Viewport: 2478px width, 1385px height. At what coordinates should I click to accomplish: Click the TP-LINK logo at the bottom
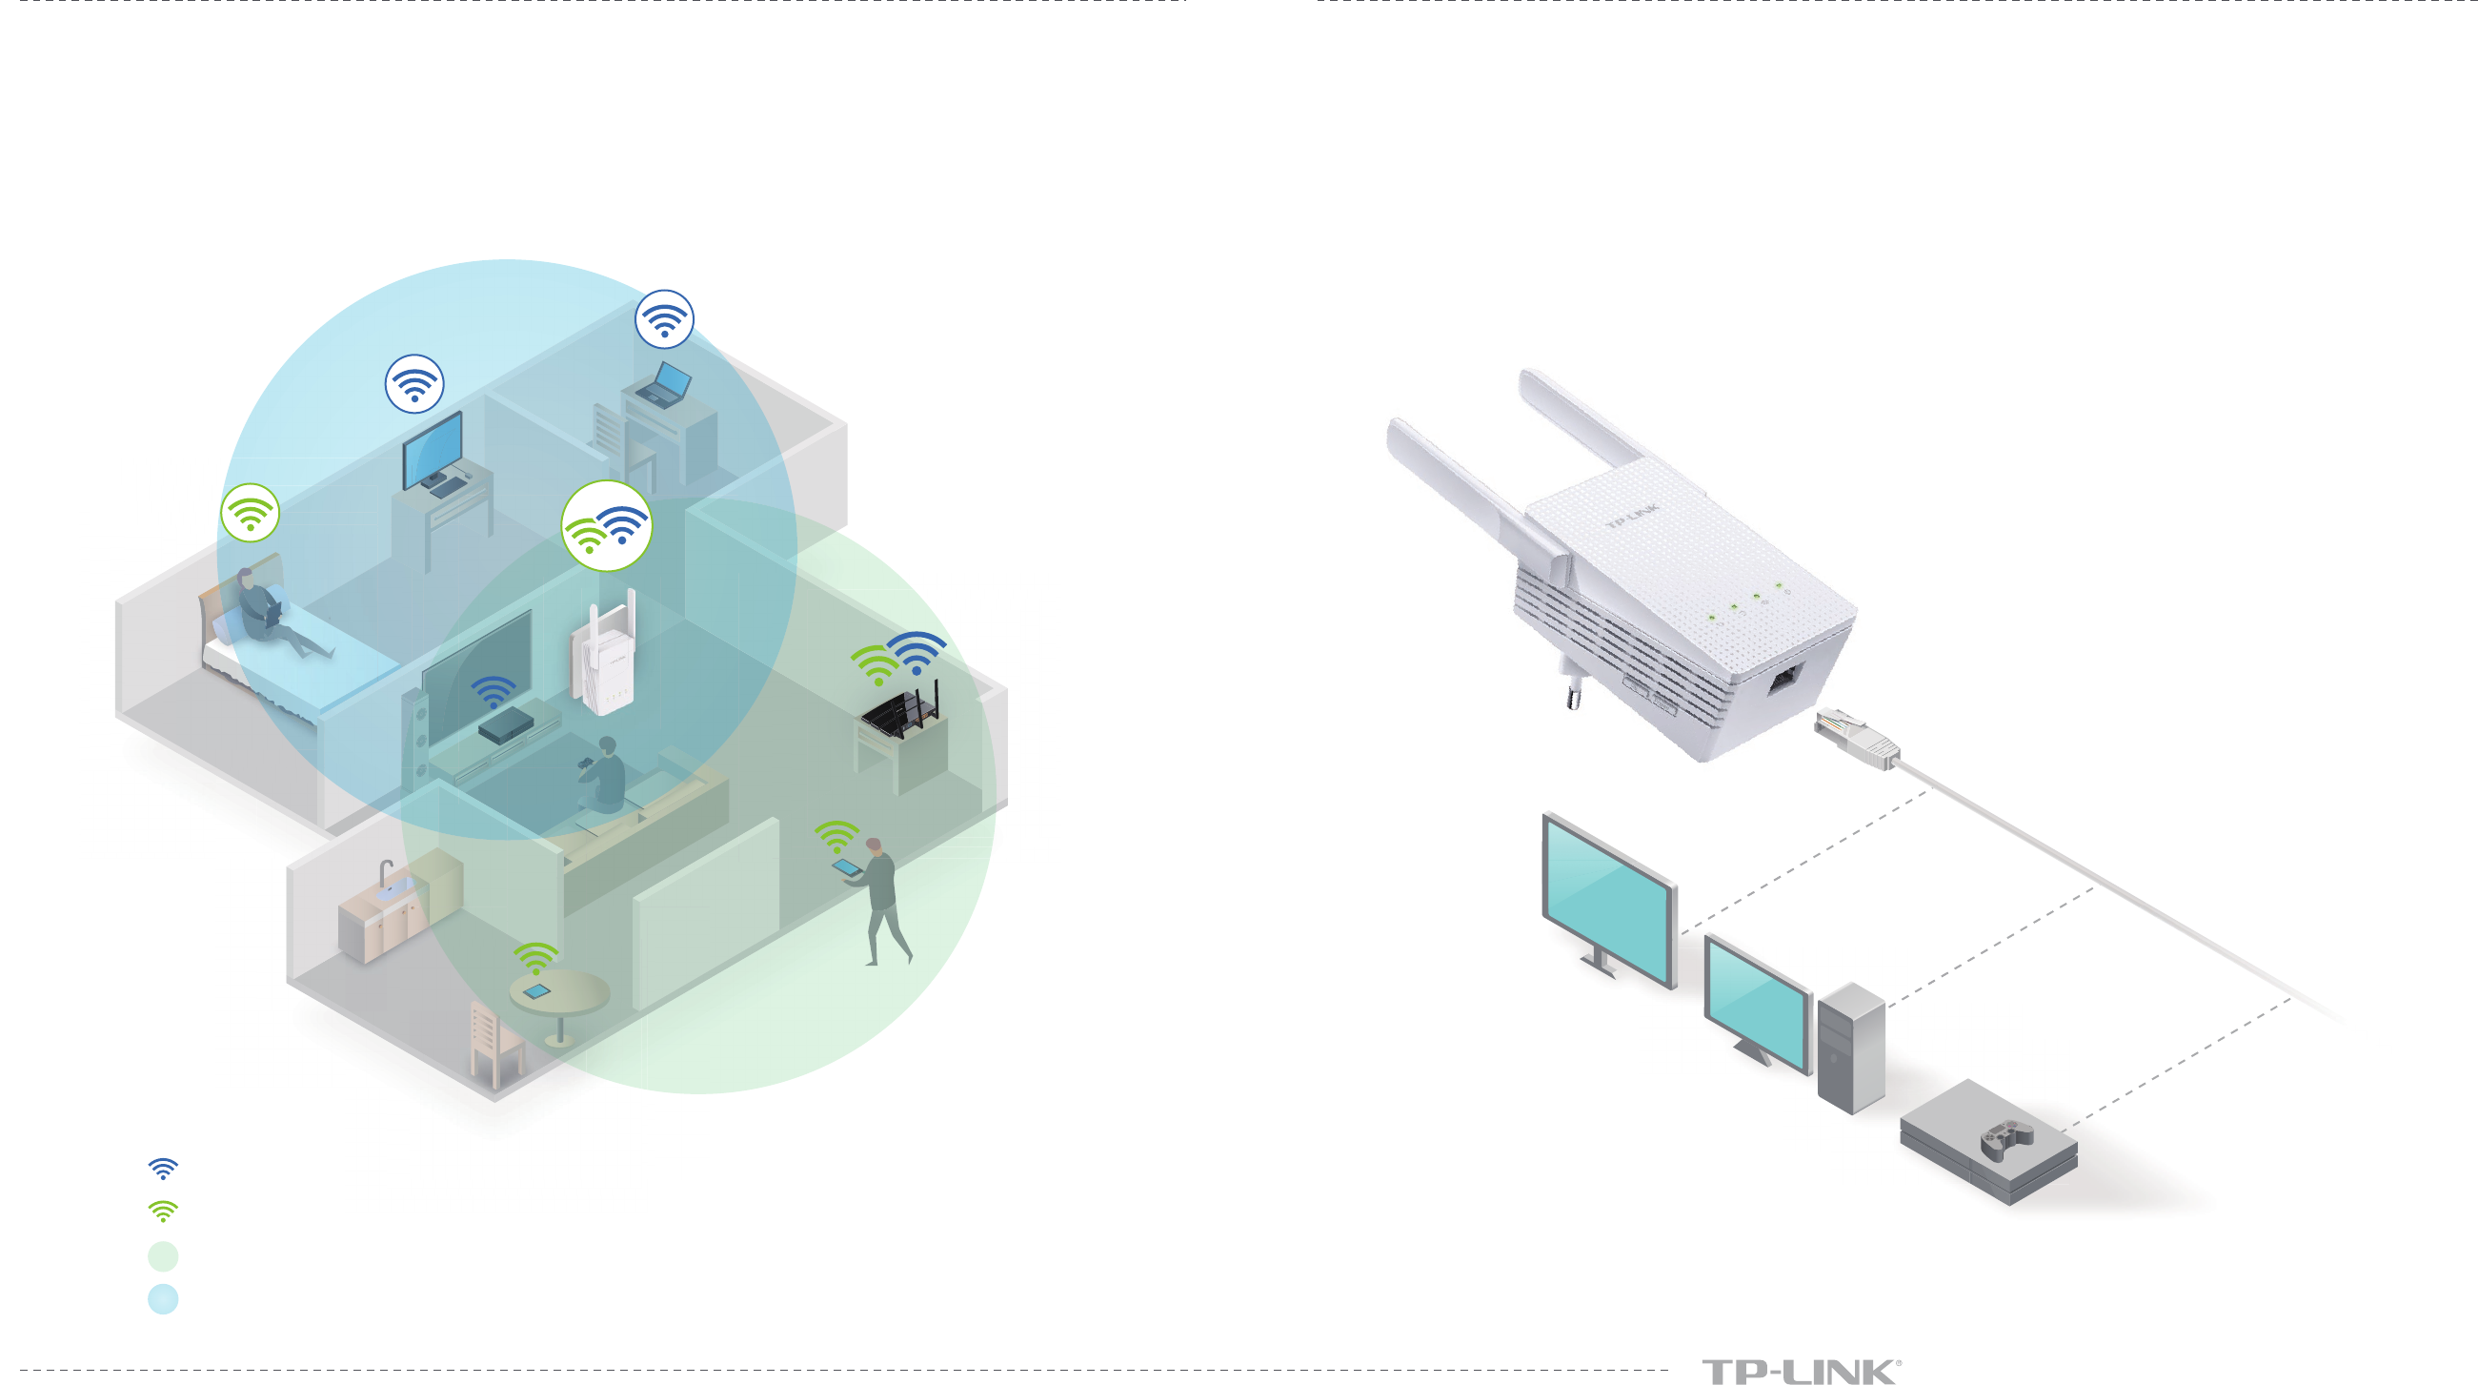tap(1800, 1371)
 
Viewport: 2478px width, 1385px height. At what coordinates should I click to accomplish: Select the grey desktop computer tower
tap(1851, 1049)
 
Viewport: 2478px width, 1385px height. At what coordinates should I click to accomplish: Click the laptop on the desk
tap(663, 385)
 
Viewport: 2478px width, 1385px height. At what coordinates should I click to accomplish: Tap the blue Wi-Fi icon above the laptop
tap(664, 319)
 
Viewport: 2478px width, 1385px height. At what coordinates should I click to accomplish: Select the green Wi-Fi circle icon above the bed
tap(251, 512)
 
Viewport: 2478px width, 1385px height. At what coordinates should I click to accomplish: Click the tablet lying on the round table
tap(535, 991)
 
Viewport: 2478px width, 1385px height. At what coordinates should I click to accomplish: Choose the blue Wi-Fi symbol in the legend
tap(164, 1169)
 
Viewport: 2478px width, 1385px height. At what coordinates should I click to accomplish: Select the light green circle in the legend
tap(164, 1255)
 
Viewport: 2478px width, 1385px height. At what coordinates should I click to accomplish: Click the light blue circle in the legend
tap(164, 1298)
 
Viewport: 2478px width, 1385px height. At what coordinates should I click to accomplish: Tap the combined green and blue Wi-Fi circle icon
tap(606, 526)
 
